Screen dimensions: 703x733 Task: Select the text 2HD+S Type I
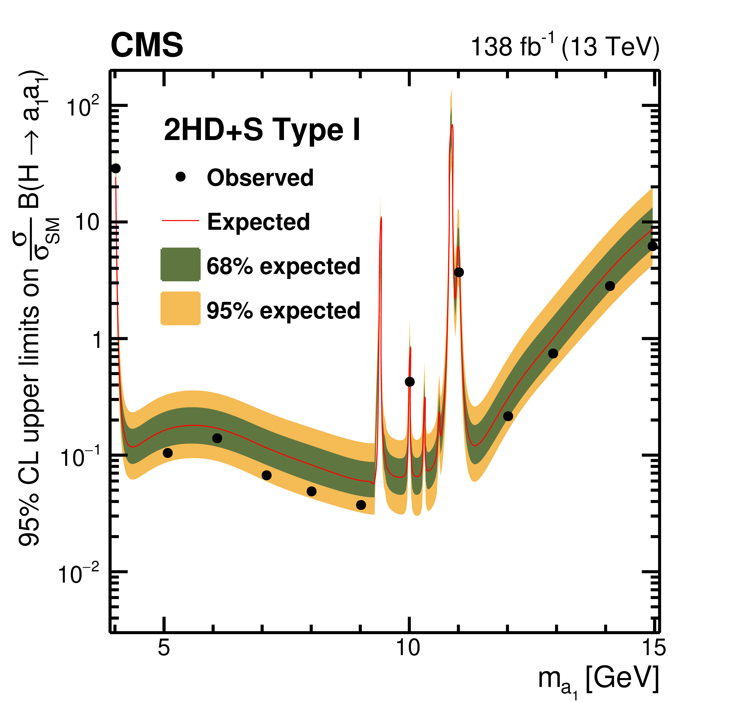[262, 130]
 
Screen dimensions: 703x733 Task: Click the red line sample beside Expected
[181, 221]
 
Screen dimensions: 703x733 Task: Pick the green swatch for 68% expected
[181, 264]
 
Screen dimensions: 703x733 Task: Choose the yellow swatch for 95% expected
[181, 309]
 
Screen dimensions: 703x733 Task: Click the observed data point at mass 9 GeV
[361, 505]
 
